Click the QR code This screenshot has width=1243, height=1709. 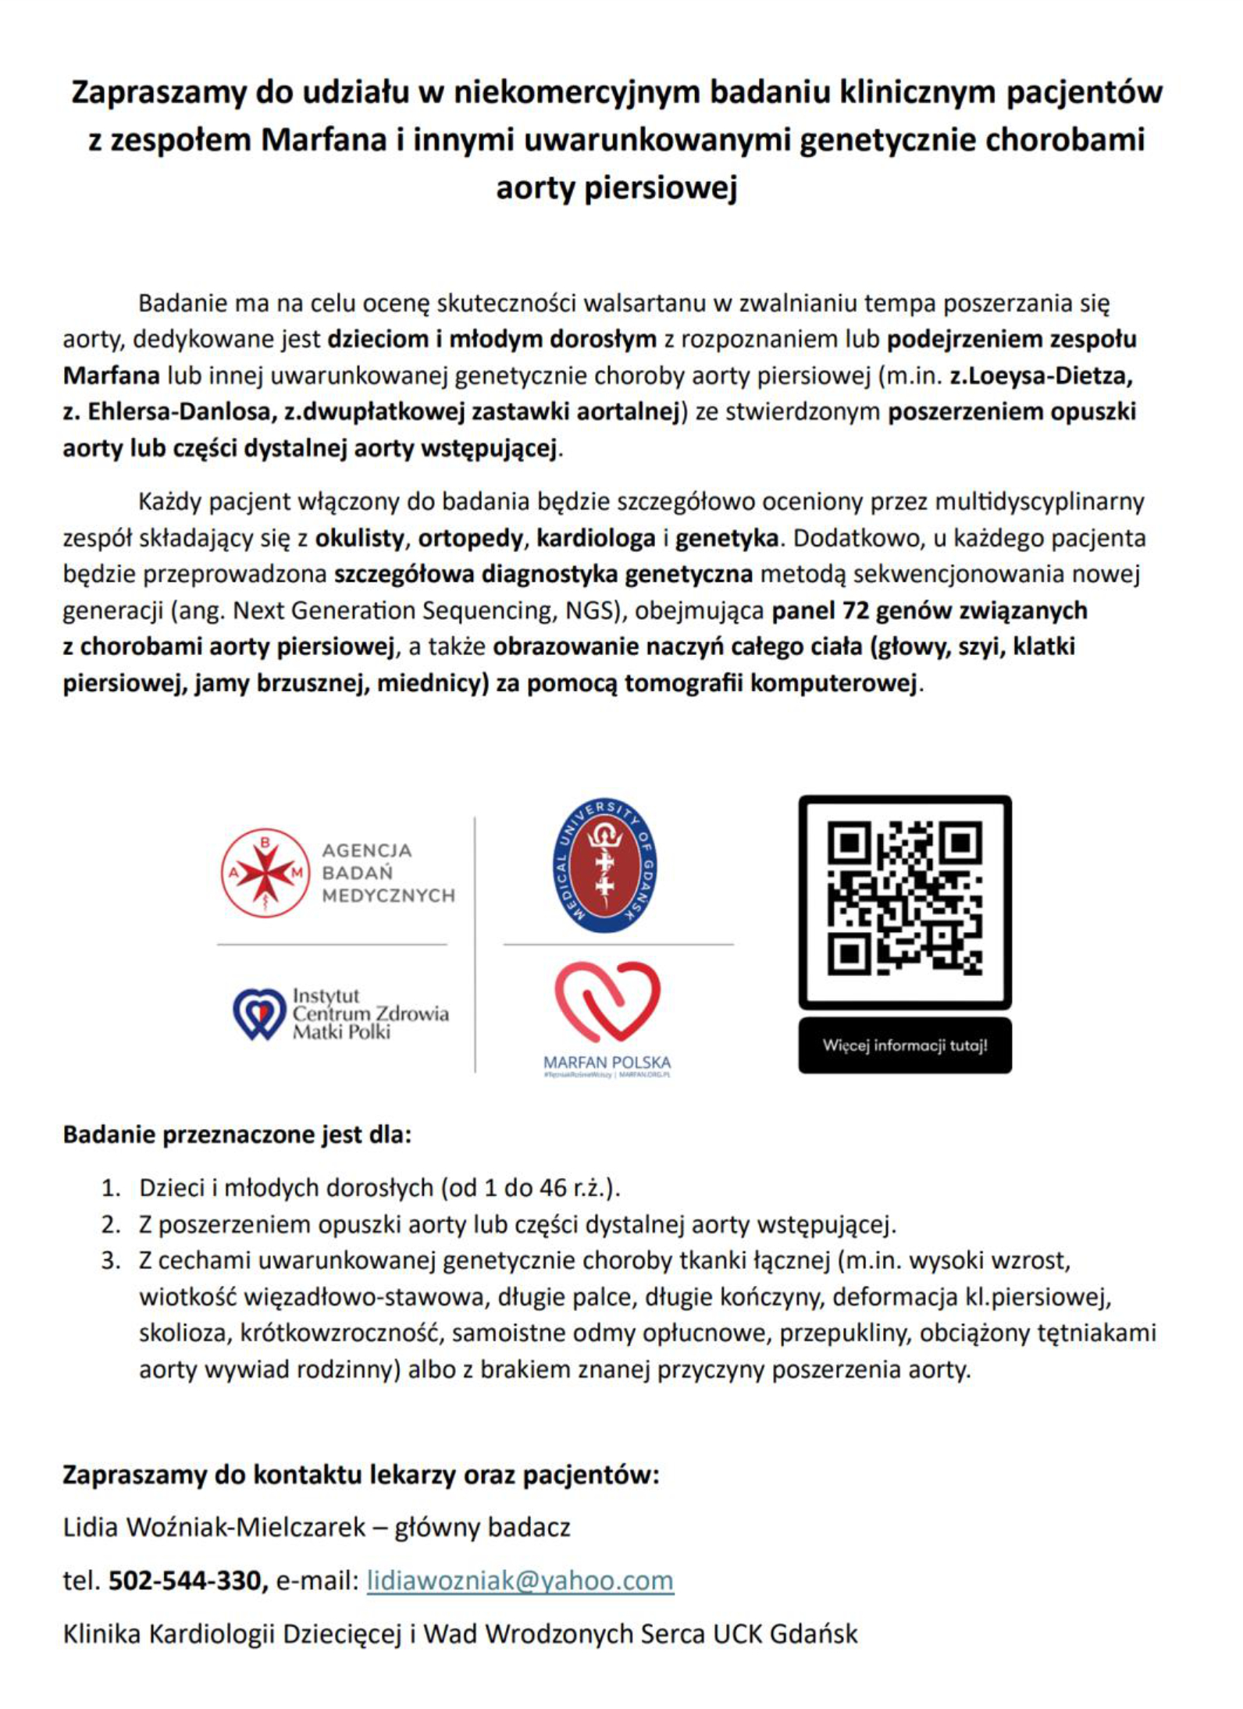tap(904, 901)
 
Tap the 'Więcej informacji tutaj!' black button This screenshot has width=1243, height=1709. tap(904, 1045)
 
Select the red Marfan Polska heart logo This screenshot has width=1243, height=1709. tap(607, 1002)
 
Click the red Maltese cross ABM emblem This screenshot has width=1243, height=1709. tap(265, 872)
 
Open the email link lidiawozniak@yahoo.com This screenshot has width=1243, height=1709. tap(520, 1580)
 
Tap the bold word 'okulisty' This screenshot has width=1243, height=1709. tap(360, 538)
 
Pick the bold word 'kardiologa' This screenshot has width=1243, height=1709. tap(596, 538)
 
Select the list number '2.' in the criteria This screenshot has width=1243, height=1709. tap(111, 1223)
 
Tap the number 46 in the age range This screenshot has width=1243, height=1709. tap(554, 1187)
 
